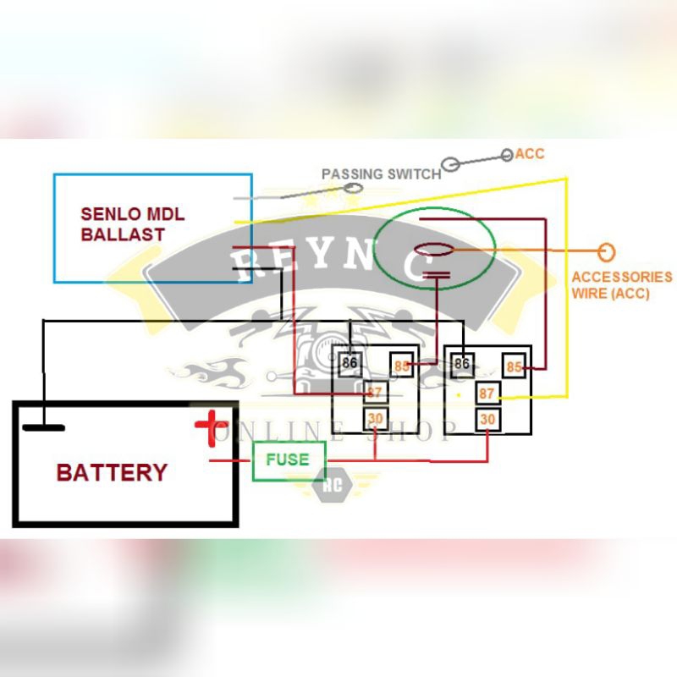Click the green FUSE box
coord(289,460)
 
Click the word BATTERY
coord(112,472)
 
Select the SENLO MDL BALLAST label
coord(133,224)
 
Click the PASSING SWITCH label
coord(381,173)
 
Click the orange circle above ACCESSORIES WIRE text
coord(606,252)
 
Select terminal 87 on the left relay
coord(376,393)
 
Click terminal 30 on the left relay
coord(375,418)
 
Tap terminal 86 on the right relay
coord(461,363)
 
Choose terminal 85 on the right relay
coord(514,366)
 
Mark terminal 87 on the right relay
coord(487,394)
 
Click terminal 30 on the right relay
coord(487,418)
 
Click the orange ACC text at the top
coord(530,154)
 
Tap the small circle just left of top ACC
coord(507,155)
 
